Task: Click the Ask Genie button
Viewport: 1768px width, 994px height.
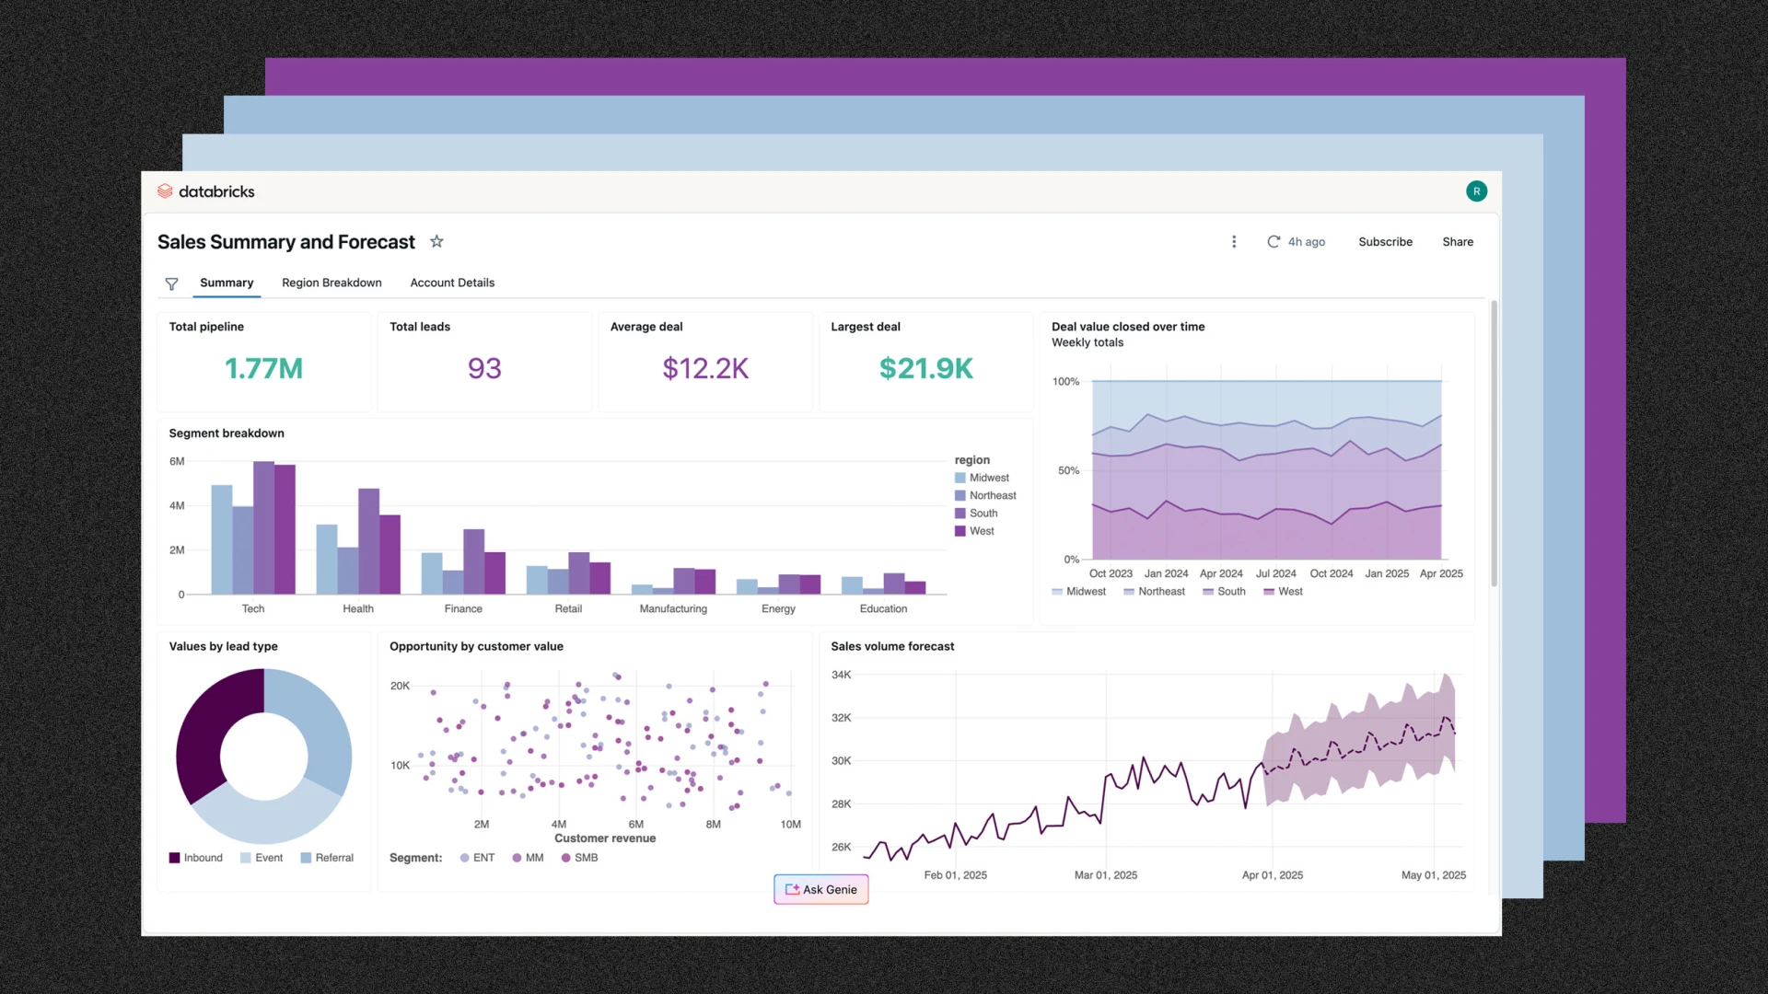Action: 820,889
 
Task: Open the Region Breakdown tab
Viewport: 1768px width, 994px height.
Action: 331,283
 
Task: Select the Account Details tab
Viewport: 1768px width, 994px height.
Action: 452,283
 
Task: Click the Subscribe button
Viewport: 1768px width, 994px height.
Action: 1385,242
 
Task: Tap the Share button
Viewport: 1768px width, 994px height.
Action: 1457,242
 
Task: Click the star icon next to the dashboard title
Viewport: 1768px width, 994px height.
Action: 436,241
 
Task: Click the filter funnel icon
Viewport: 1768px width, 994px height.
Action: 171,283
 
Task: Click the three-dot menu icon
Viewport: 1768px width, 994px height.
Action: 1234,242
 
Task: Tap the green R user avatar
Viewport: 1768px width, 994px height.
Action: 1476,191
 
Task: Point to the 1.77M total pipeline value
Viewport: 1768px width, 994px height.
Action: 263,368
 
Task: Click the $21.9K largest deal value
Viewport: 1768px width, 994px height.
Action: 925,368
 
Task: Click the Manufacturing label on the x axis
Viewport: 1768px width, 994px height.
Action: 673,608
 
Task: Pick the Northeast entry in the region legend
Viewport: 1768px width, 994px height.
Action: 992,495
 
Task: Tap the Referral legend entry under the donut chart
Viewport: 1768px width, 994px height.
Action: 327,858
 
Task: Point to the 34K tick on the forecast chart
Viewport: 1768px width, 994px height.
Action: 841,675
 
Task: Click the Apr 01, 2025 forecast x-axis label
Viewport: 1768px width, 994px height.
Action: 1272,875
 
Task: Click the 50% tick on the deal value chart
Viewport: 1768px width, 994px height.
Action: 1068,470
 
